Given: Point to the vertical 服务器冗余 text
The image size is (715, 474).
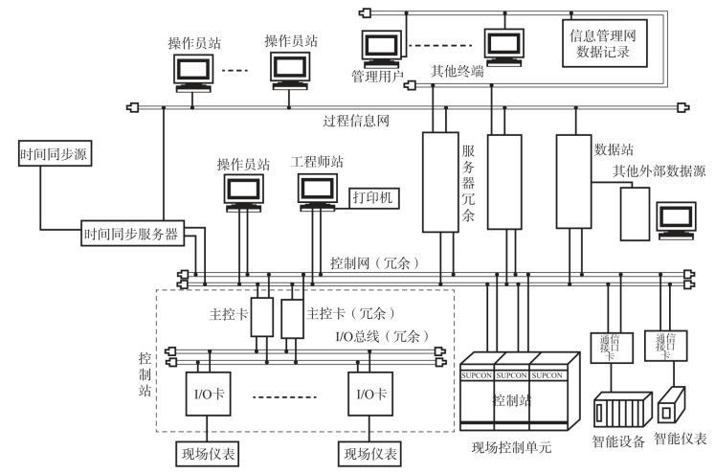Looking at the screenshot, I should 469,182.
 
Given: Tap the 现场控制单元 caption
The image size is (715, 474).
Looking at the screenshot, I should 514,447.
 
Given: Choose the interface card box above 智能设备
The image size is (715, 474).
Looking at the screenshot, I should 609,345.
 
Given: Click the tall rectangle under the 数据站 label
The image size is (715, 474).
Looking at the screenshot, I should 573,181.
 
